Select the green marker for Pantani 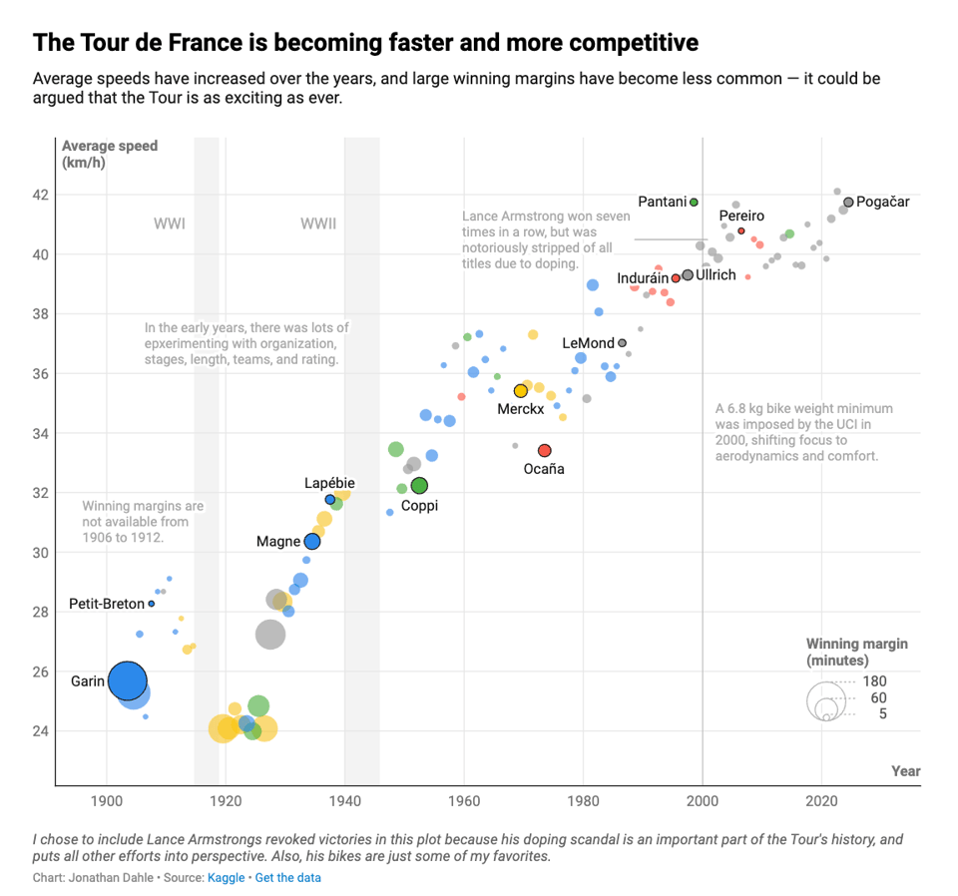click(694, 202)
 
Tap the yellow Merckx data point click(520, 391)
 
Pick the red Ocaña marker click(544, 451)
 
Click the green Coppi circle click(419, 486)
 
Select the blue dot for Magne click(312, 542)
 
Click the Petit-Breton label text click(107, 604)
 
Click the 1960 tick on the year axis click(464, 800)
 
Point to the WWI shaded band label click(170, 224)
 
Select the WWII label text click(318, 224)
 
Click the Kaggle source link click(226, 878)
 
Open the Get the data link click(288, 878)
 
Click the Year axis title click(905, 771)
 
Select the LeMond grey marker click(622, 343)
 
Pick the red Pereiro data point click(740, 230)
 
